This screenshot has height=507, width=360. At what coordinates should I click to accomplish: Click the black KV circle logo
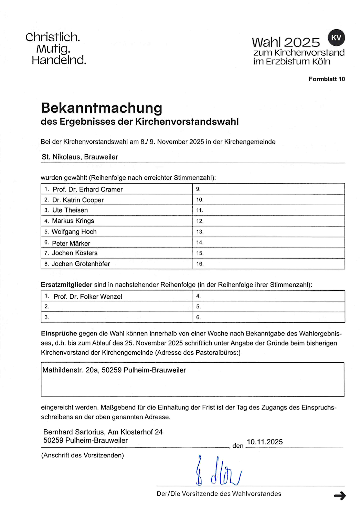336,38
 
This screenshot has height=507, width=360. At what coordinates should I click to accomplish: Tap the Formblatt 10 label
326,79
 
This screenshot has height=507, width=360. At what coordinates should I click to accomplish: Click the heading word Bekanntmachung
102,108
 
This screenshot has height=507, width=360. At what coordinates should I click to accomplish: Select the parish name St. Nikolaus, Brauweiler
80,157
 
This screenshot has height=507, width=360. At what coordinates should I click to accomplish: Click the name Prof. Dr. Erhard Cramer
87,189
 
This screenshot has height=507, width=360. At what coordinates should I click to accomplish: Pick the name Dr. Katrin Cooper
78,200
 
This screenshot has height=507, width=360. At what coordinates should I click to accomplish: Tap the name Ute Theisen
70,210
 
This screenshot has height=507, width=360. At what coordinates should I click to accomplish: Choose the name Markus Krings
73,221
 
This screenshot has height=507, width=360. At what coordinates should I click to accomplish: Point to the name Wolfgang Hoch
74,232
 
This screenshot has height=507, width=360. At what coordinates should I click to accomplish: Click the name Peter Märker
71,243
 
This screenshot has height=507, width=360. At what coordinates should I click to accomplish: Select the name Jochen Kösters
75,253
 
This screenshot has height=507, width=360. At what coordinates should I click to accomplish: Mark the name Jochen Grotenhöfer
81,264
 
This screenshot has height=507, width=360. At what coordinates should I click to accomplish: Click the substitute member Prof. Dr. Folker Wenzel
88,297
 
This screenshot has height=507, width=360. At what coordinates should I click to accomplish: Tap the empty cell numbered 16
268,264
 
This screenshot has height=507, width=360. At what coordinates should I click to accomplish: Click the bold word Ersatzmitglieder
66,285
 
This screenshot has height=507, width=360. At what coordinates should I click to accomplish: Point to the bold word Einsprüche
59,333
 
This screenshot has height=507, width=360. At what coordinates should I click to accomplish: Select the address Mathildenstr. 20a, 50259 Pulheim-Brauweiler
114,370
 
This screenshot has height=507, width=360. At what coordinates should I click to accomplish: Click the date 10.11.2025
265,442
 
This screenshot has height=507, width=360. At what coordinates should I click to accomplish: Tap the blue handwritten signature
218,471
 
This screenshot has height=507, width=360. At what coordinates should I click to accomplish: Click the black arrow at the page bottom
340,496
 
